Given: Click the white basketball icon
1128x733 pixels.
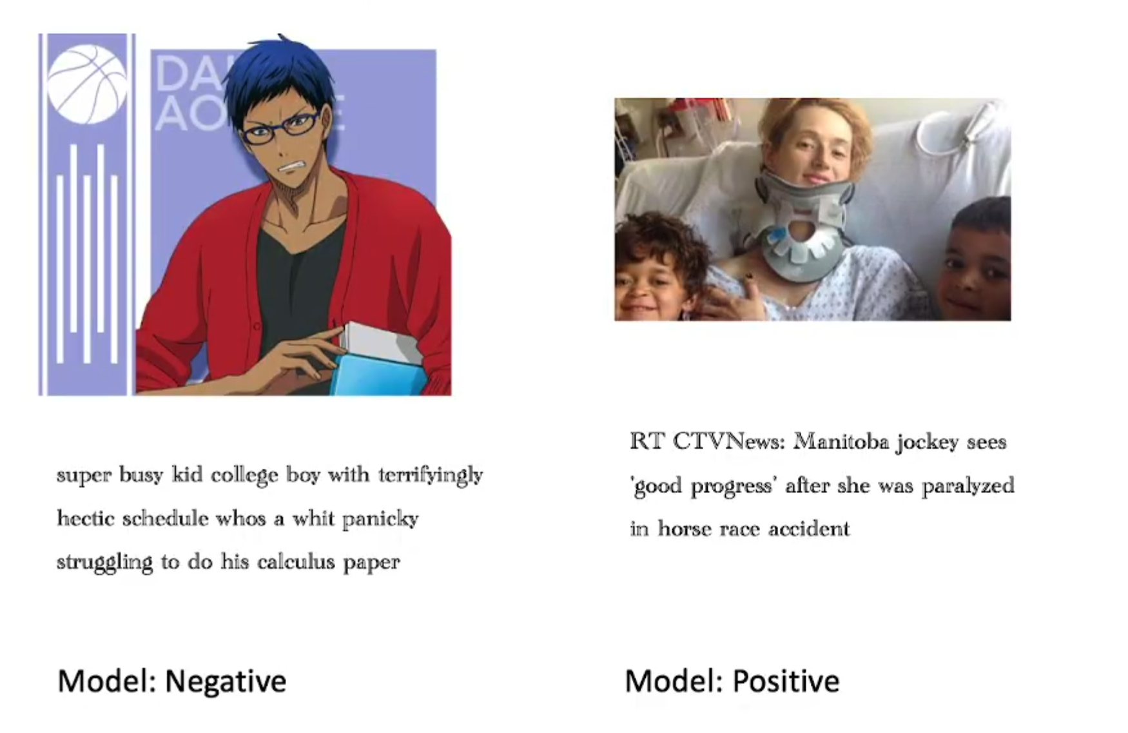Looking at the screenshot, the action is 87,84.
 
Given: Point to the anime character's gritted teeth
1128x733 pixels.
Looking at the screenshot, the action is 291,167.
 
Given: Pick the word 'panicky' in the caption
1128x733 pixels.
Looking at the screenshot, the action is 380,520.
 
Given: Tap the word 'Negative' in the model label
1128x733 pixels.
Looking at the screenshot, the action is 225,681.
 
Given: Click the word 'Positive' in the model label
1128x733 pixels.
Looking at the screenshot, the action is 786,681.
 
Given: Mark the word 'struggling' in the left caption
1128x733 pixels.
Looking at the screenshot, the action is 105,562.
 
